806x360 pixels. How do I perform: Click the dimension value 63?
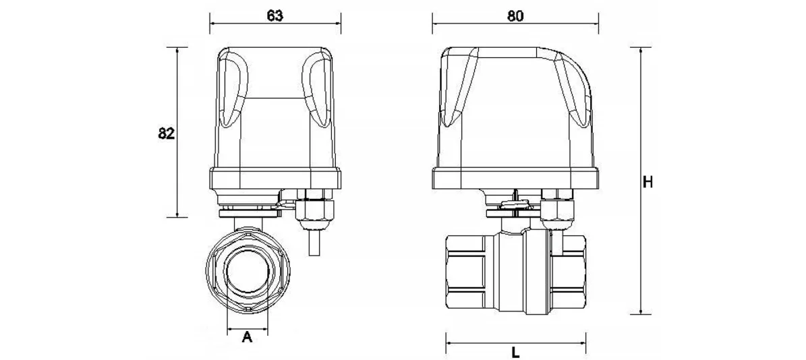tap(275, 16)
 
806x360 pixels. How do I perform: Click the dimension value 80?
tap(515, 16)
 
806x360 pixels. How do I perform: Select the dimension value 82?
tap(167, 133)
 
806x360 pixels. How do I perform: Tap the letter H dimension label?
tap(648, 182)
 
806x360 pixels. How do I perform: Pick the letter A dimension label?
tap(247, 337)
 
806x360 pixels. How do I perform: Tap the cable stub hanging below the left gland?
tap(314, 241)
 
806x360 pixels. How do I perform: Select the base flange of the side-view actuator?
tap(515, 179)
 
